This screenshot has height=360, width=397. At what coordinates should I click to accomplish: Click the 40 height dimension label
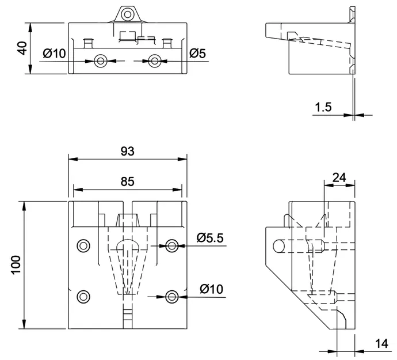coord(22,48)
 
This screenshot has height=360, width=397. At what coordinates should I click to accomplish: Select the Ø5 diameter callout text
coord(197,54)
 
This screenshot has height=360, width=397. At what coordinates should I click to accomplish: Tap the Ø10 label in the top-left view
coord(54,54)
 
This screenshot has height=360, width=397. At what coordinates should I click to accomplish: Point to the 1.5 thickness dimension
coord(323,107)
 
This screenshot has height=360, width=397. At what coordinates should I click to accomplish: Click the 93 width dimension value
coord(127,151)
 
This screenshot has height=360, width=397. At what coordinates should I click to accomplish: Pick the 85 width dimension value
coord(127,181)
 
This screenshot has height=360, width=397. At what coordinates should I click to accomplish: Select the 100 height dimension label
coord(16,265)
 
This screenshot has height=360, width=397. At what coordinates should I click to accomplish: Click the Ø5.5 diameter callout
coord(210,238)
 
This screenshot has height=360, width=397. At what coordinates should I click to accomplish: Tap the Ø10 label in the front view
coord(211,289)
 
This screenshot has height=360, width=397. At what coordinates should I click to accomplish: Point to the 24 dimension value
coord(339,177)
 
